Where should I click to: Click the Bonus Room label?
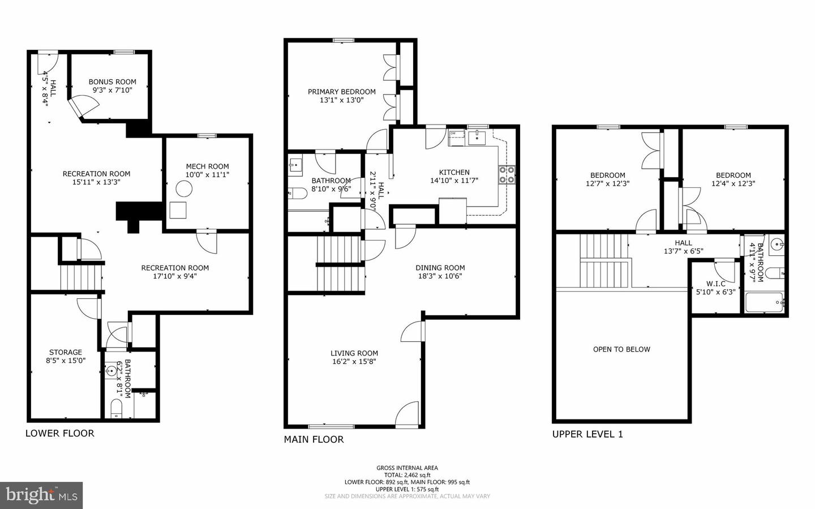[x=113, y=82]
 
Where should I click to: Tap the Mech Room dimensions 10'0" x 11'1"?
[x=207, y=175]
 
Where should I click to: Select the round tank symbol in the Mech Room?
[x=184, y=189]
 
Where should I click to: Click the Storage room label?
[x=66, y=352]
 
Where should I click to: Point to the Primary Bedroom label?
[x=342, y=92]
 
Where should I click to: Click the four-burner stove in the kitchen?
[x=507, y=175]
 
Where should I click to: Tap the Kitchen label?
[x=454, y=172]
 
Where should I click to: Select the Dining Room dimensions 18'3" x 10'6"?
[x=440, y=276]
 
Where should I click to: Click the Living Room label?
[x=354, y=353]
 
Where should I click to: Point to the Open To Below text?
[x=621, y=349]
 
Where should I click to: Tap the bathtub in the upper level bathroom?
[x=764, y=302]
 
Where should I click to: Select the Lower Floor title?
[x=59, y=433]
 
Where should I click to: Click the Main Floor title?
[x=314, y=439]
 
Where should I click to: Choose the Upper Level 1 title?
[x=587, y=434]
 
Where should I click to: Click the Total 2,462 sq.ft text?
[x=407, y=475]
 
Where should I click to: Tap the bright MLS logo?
[x=41, y=495]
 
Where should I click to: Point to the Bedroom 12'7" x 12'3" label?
[x=608, y=179]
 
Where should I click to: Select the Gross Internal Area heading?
[x=407, y=468]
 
